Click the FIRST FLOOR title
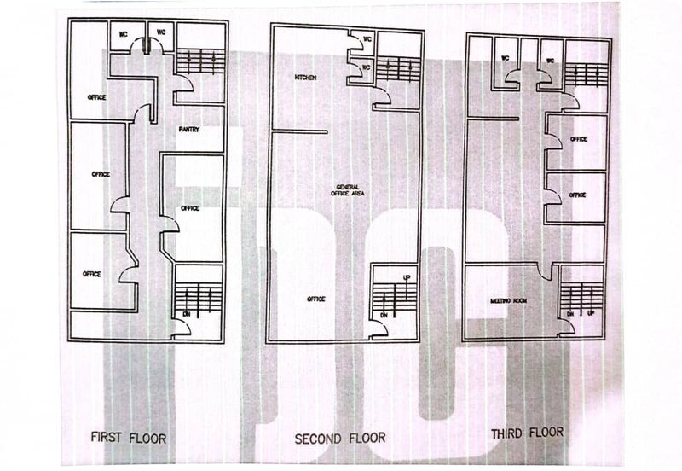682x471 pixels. tap(129, 438)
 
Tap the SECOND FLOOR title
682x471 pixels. tap(339, 439)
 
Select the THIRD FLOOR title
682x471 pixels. tap(527, 433)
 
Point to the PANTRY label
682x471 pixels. tap(188, 130)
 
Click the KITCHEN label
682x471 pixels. tap(306, 78)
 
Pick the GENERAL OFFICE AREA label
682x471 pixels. tap(348, 190)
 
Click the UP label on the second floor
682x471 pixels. tap(407, 277)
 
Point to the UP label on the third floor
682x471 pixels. tap(591, 313)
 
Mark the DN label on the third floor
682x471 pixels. tap(570, 314)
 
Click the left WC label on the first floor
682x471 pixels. tap(124, 33)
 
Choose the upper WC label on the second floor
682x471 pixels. tap(367, 39)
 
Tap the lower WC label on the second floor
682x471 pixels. tap(366, 67)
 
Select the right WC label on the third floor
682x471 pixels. tap(550, 61)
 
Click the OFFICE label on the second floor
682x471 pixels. tap(315, 299)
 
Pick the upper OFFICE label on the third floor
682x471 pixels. tap(579, 139)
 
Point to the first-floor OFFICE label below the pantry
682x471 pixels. tap(189, 208)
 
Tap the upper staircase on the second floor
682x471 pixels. tap(398, 69)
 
